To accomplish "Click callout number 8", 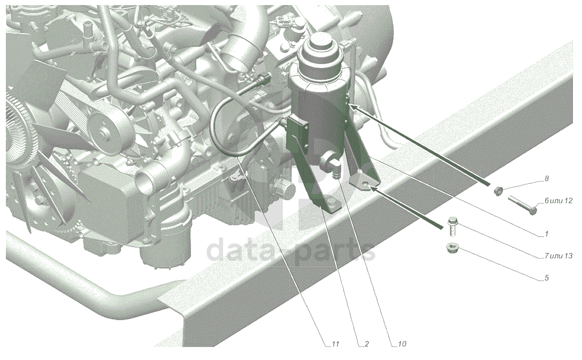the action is (x=547, y=179).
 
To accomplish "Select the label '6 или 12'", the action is (x=559, y=201).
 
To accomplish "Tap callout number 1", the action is (x=546, y=234).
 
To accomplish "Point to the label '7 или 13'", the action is (x=559, y=256).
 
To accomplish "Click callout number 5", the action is (x=547, y=278).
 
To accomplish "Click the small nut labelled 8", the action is (x=498, y=191).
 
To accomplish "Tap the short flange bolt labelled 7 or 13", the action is (x=452, y=226).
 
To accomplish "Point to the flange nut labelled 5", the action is (x=452, y=247).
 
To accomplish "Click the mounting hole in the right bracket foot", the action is (x=366, y=184).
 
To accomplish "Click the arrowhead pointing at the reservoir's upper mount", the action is (x=354, y=107).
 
